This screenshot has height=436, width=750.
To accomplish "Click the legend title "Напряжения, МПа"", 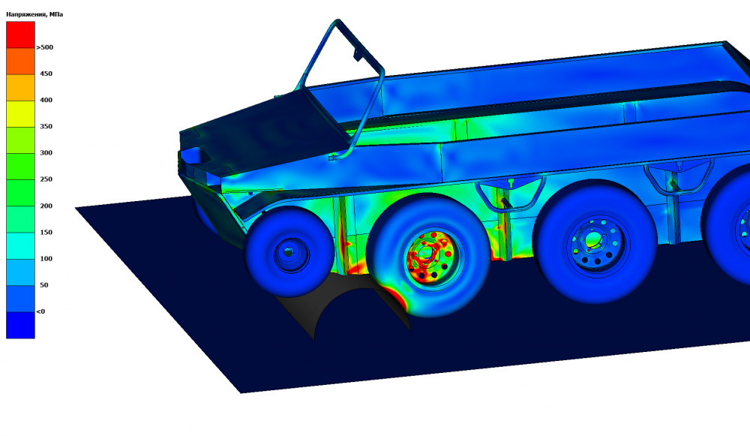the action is point(34,14).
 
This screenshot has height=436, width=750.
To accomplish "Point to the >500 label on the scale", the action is point(44,47).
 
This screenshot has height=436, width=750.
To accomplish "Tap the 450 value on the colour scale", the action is point(46,74).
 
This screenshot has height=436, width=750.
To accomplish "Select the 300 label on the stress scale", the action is point(46,152).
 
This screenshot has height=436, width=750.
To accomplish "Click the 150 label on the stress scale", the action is point(46,232).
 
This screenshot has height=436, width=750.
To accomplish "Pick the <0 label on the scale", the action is point(40,311).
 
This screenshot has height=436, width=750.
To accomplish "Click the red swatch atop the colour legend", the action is point(20,35).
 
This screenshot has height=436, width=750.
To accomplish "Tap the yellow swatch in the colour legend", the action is point(20,114).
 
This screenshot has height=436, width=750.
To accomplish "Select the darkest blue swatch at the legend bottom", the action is point(20,326).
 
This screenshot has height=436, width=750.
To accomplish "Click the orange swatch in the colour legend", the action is point(20,61).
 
